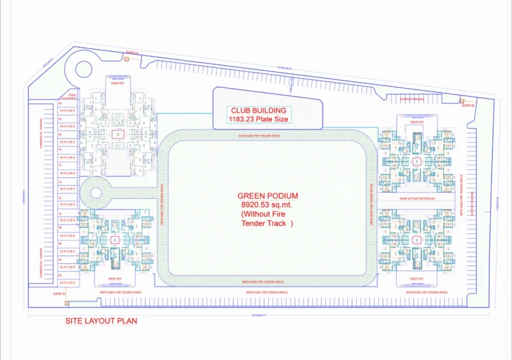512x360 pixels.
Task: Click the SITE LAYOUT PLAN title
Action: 101,321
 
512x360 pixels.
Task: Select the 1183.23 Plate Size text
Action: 259,120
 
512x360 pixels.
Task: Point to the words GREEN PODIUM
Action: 267,195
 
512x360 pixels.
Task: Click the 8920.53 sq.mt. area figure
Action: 267,205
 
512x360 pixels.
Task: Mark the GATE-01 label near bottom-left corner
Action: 59,293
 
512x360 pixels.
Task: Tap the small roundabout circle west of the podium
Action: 95,193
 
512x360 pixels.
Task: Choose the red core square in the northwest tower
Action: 118,135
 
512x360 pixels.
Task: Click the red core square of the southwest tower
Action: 115,240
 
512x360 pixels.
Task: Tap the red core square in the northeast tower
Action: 417,161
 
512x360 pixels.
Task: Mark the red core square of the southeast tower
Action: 417,238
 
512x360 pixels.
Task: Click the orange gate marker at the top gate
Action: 126,59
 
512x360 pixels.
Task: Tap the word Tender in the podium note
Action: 255,224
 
